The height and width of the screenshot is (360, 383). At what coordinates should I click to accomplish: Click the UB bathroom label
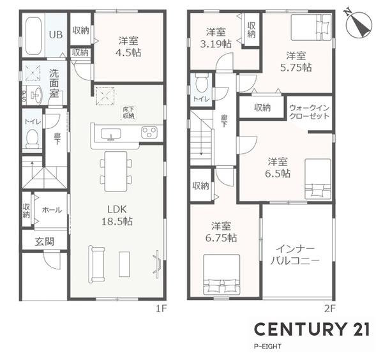pyautogui.click(x=56, y=35)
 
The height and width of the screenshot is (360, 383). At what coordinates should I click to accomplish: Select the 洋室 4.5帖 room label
pyautogui.click(x=128, y=47)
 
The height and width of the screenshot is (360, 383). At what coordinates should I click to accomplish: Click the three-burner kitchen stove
pyautogui.click(x=149, y=133)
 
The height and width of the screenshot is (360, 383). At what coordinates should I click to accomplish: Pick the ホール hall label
pyautogui.click(x=51, y=210)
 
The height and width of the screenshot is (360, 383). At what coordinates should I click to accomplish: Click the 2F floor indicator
pyautogui.click(x=329, y=308)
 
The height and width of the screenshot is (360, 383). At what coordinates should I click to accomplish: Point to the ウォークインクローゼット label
pyautogui.click(x=309, y=112)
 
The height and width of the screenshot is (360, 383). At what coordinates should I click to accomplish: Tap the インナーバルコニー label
pyautogui.click(x=295, y=255)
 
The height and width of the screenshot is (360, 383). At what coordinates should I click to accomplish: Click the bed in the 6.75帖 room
pyautogui.click(x=221, y=274)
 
